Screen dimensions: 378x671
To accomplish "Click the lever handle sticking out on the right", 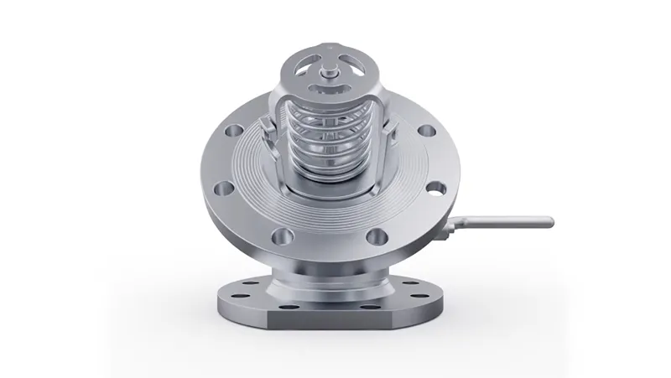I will (503, 222).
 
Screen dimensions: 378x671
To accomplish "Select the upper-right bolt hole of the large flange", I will (426, 131).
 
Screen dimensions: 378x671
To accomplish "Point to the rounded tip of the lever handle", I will (550, 221).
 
